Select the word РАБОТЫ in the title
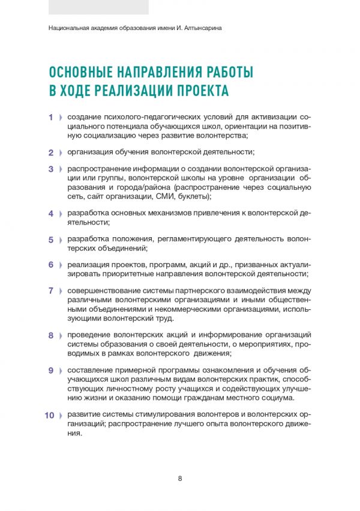point(225,73)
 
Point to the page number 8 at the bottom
point(180,478)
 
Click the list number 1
point(51,117)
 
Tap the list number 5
point(51,239)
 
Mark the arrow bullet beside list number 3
point(61,169)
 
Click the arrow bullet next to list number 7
point(61,291)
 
